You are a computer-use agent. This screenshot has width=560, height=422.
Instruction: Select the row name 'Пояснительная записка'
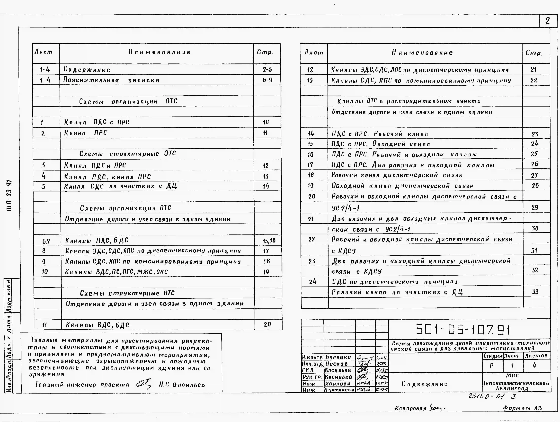click(x=111, y=80)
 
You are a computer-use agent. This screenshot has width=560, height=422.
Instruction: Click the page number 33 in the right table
click(x=535, y=292)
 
